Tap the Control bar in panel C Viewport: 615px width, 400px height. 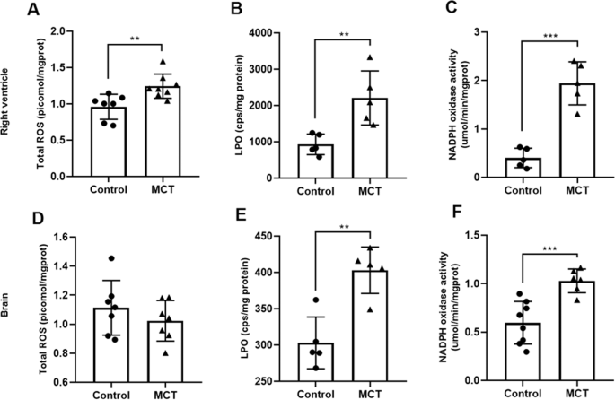[516, 168]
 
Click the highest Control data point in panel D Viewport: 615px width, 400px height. [107, 258]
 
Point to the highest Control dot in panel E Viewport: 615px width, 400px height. [315, 300]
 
